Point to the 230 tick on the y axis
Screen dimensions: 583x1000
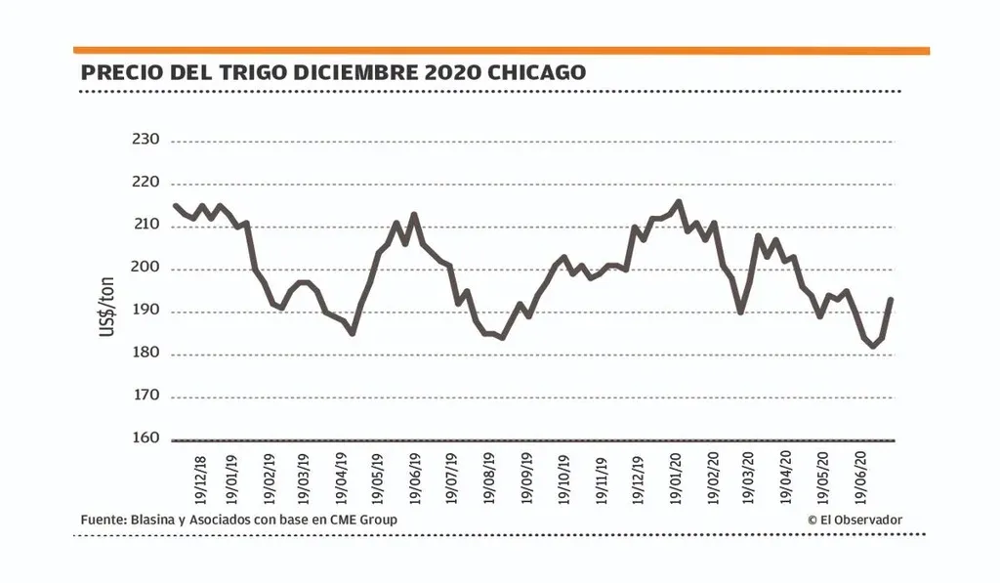click(145, 141)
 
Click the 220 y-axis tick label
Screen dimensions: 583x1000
click(145, 183)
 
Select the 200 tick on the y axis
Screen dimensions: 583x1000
click(145, 270)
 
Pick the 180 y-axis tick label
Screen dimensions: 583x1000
click(145, 355)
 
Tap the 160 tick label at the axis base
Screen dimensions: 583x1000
click(145, 438)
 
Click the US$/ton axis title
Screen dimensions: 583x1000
click(106, 308)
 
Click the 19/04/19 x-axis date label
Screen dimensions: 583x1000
click(342, 479)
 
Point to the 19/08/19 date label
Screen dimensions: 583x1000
click(490, 479)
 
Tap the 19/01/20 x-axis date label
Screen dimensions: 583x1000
click(675, 479)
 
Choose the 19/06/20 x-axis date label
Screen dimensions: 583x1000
click(860, 479)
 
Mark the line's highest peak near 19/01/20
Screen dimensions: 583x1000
click(679, 202)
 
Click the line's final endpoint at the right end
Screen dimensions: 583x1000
click(891, 300)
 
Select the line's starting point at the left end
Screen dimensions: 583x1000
click(174, 205)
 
